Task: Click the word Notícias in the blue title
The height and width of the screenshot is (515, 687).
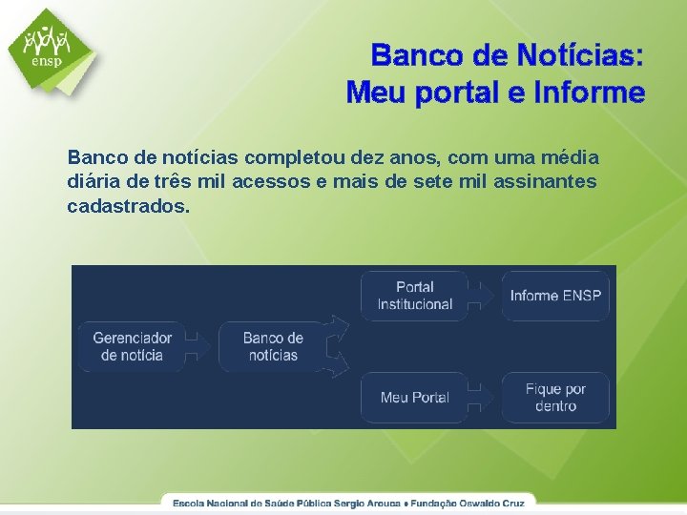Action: pos(580,55)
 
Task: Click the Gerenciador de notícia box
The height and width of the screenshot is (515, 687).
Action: pos(132,346)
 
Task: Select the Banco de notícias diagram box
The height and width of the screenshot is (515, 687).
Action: pos(273,346)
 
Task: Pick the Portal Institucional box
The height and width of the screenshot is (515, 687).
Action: pos(414,295)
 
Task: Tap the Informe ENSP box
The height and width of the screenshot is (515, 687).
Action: pos(555,295)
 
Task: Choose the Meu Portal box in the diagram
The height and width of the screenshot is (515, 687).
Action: pos(414,397)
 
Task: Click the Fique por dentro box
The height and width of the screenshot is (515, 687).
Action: pos(555,397)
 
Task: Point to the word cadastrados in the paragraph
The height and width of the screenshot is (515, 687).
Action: pos(128,205)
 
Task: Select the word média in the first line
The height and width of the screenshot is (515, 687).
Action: pos(571,155)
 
